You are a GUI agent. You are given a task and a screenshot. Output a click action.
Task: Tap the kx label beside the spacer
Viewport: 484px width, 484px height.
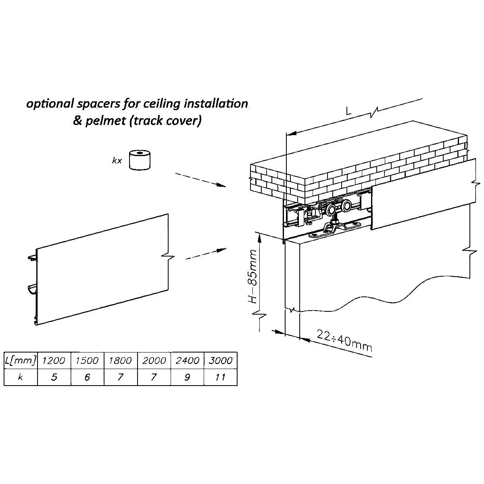[117, 161]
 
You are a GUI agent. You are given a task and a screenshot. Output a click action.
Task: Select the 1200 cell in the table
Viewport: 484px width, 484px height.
[54, 360]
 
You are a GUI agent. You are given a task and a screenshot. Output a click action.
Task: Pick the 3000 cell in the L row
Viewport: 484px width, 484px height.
[221, 360]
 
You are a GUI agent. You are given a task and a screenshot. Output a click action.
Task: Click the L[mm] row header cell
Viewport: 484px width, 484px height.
[21, 360]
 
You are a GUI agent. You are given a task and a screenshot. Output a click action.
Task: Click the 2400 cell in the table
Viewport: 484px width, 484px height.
[187, 360]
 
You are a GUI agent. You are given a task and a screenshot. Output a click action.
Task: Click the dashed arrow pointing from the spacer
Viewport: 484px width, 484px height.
[200, 180]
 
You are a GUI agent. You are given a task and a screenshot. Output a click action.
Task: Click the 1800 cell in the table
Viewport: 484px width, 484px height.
[121, 360]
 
